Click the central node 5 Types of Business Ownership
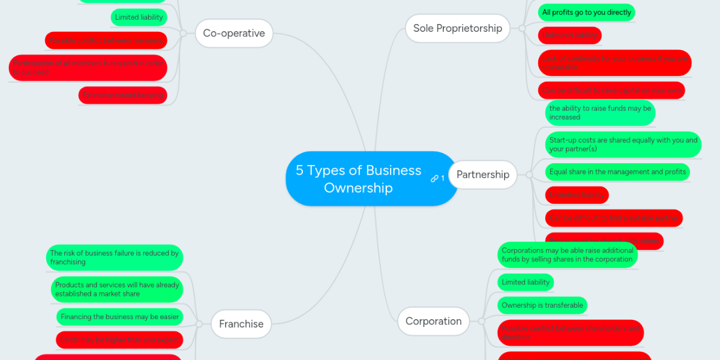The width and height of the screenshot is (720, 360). pos(359,179)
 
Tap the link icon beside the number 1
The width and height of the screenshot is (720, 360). pos(434,179)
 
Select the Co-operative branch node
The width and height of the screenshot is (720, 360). pos(234,33)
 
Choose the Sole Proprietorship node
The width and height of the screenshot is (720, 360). pos(457,28)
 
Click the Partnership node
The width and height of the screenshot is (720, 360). pos(482,175)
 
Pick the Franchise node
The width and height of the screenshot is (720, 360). pos(241,324)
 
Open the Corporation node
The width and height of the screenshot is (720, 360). pos(433,321)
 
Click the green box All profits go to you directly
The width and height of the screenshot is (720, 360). pos(586,13)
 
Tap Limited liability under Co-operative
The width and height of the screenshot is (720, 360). pos(139,17)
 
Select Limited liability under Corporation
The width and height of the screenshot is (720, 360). pos(526,283)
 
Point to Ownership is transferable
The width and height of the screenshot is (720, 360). pos(542,305)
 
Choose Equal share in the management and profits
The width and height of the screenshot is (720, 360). pos(617,172)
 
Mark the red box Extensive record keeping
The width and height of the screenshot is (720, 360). pos(122,95)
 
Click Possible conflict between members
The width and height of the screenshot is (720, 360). pos(106,41)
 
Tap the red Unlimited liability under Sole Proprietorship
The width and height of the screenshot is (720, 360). pos(569,36)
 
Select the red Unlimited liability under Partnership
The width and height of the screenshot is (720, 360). pos(577,195)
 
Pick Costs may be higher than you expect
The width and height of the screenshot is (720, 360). pos(119,340)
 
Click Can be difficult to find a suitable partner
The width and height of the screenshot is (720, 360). pos(614,218)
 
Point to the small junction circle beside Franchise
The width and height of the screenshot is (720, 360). pos(200,324)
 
